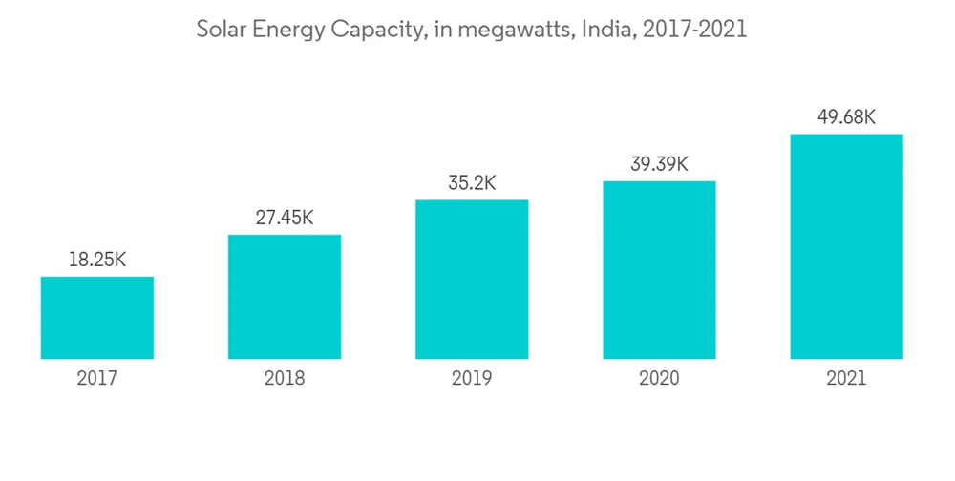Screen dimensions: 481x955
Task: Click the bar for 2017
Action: coord(97,318)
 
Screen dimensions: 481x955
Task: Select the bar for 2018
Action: coord(285,297)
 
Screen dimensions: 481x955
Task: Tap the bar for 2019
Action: coord(472,280)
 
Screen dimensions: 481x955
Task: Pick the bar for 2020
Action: coord(659,270)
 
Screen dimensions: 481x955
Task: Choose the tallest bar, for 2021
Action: coord(846,246)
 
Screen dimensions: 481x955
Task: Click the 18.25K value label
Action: coord(97,260)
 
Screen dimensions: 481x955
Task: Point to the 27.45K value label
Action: coord(285,218)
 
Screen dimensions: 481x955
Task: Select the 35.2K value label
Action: coord(472,183)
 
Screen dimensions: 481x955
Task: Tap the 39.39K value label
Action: coord(659,164)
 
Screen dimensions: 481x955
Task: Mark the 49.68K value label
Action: coord(846,117)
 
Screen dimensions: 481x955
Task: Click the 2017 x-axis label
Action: coord(97,379)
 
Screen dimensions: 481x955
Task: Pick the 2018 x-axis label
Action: coord(285,379)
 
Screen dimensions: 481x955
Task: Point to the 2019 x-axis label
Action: coord(472,379)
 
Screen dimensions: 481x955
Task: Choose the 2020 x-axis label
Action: coord(659,379)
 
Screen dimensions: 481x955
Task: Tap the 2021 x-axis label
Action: coord(846,379)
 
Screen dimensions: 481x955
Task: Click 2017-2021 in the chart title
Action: coord(695,31)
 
